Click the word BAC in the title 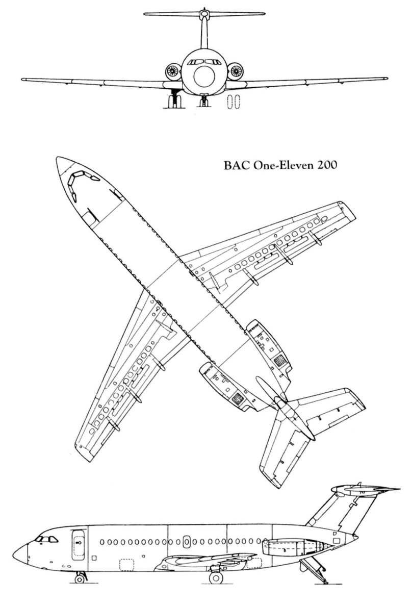click(x=234, y=166)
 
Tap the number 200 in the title click(x=316, y=166)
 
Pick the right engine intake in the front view click(x=235, y=70)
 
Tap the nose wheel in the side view click(x=80, y=577)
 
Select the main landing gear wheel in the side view click(x=216, y=577)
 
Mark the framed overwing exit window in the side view click(x=187, y=541)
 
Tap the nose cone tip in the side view click(x=14, y=554)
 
